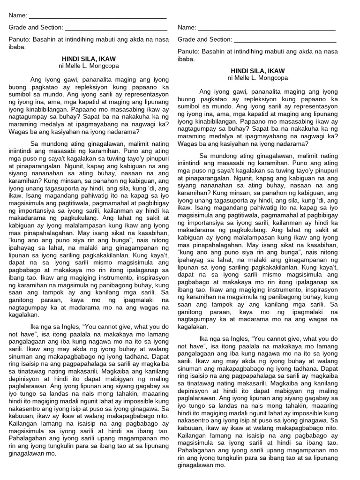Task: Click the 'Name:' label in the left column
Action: (x=18, y=15)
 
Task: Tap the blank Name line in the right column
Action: (x=267, y=28)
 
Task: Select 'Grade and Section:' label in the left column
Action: (x=36, y=28)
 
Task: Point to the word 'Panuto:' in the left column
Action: (x=20, y=40)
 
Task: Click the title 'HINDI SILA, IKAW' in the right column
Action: (x=257, y=70)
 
